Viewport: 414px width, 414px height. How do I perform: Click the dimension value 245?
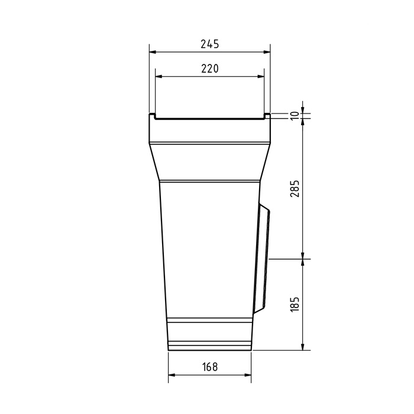pyautogui.click(x=210, y=44)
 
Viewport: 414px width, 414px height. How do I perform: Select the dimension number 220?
pyautogui.click(x=210, y=69)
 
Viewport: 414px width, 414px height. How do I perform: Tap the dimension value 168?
pyautogui.click(x=210, y=367)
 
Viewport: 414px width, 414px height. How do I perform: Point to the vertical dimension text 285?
pyautogui.click(x=295, y=189)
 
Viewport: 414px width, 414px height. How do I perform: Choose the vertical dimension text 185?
pyautogui.click(x=295, y=305)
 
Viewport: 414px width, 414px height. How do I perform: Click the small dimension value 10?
pyautogui.click(x=295, y=116)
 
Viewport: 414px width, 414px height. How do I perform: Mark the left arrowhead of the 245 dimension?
pyautogui.click(x=153, y=52)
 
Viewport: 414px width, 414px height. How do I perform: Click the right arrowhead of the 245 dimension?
pyautogui.click(x=267, y=52)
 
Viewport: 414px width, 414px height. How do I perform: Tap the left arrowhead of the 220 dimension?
pyautogui.click(x=159, y=76)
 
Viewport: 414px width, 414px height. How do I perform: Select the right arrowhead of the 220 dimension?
pyautogui.click(x=261, y=76)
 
